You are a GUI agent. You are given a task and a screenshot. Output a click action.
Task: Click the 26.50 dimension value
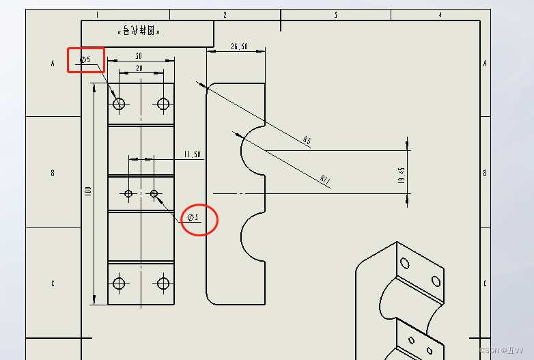click(x=239, y=46)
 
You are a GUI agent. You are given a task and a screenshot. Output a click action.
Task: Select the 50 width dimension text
click(x=139, y=56)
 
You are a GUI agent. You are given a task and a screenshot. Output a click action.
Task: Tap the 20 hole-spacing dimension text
click(x=139, y=68)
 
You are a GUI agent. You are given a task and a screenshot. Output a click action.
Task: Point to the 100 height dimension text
click(x=88, y=192)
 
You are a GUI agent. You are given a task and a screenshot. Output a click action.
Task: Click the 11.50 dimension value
click(x=192, y=154)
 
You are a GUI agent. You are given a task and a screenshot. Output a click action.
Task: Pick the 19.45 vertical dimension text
click(x=402, y=175)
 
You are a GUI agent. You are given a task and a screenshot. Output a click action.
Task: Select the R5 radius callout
click(x=307, y=141)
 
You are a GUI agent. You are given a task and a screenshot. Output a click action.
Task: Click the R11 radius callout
click(x=326, y=180)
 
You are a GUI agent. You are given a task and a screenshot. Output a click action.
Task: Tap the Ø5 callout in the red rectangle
click(x=85, y=60)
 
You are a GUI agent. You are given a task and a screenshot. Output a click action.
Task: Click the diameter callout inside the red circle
click(x=193, y=218)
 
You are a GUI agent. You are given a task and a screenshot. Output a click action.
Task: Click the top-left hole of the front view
click(x=120, y=104)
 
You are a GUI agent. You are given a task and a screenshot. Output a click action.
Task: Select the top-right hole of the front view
click(x=163, y=104)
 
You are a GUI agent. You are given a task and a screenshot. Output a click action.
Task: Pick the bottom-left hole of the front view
click(x=120, y=283)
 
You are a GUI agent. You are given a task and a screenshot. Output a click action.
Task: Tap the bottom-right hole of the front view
click(x=163, y=283)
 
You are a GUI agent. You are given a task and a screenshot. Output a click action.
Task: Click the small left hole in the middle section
click(x=128, y=194)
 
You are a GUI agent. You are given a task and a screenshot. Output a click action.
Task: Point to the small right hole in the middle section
click(x=154, y=194)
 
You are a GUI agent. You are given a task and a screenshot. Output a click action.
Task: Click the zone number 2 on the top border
click(x=225, y=14)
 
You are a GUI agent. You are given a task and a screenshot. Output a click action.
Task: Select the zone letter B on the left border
click(x=53, y=173)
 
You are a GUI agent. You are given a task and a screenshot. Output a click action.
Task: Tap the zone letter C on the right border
click(x=485, y=284)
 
